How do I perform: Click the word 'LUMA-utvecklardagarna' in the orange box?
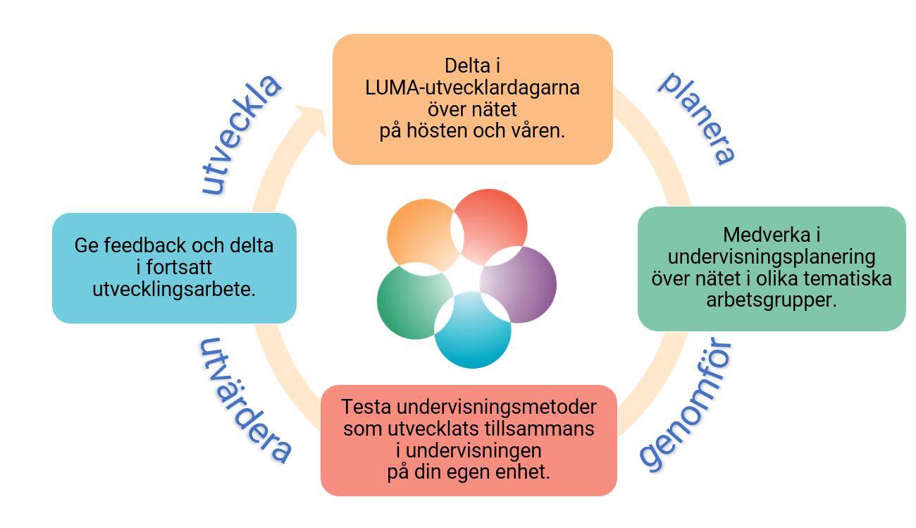(x=472, y=88)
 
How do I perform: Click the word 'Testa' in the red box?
(x=366, y=407)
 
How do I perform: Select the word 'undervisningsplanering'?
(x=771, y=256)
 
